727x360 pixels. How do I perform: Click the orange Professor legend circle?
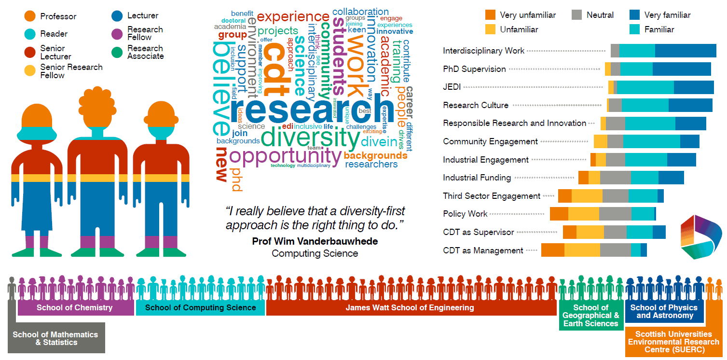pos(30,16)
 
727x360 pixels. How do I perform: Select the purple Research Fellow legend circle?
pos(117,34)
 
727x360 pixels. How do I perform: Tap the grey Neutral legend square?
pos(577,15)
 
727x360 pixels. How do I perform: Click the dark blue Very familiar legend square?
pos(635,15)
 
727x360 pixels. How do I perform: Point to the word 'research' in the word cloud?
pos(309,110)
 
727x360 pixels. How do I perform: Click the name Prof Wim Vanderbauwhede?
pos(315,241)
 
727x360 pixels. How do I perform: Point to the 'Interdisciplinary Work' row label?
pos(483,51)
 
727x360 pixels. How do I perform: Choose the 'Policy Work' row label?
pos(465,214)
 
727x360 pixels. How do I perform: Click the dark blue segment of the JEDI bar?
pos(694,87)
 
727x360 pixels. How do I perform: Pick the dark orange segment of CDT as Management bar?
pos(553,250)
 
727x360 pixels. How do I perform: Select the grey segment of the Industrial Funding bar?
pos(615,178)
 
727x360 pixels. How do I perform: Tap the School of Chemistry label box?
pos(75,307)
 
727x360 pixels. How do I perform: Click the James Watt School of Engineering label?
pos(410,307)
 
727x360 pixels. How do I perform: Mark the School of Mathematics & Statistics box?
pos(55,338)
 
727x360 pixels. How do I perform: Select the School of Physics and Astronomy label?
pos(664,311)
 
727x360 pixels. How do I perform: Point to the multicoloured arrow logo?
pos(700,237)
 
